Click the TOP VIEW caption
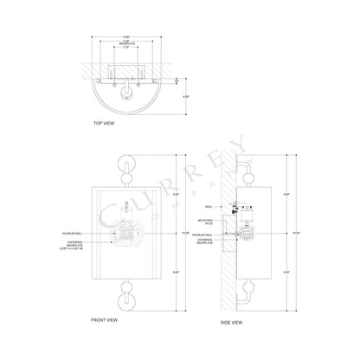click(104, 124)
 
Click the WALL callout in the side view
click(209, 207)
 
